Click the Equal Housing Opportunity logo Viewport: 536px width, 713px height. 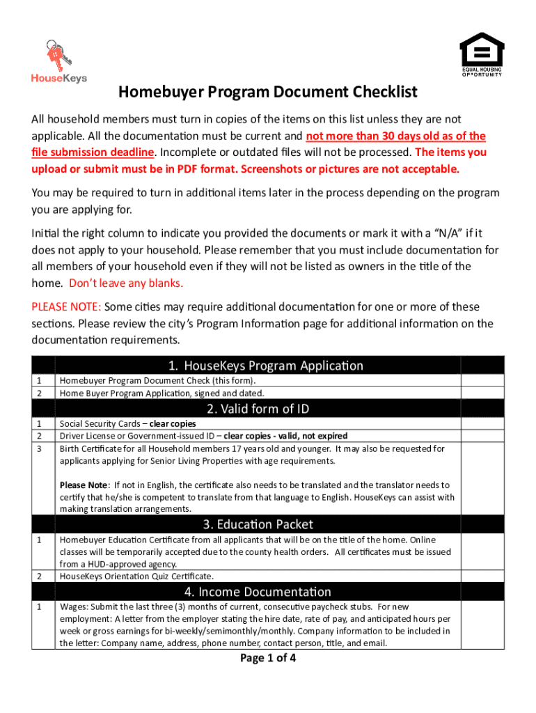(x=481, y=54)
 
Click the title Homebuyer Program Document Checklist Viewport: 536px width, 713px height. (x=267, y=93)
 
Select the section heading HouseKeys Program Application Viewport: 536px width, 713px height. (x=265, y=366)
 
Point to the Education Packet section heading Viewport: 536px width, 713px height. (x=265, y=524)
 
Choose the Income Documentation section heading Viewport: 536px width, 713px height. (x=265, y=593)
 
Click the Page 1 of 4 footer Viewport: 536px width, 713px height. (x=268, y=658)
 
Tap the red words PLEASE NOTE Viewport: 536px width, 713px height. (x=67, y=307)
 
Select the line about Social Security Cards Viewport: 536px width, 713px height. (x=127, y=423)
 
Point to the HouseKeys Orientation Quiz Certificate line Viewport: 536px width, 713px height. (x=136, y=577)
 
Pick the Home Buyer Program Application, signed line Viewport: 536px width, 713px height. (x=161, y=393)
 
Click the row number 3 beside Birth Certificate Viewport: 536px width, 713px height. (x=40, y=449)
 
